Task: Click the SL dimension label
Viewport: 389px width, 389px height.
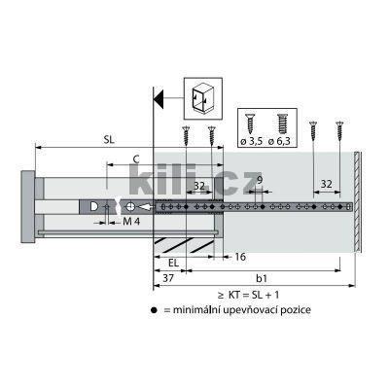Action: pyautogui.click(x=109, y=140)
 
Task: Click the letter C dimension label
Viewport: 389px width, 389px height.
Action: pyautogui.click(x=136, y=159)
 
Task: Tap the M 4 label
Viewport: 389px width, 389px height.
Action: pyautogui.click(x=131, y=222)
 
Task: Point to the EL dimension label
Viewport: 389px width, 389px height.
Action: pyautogui.click(x=174, y=263)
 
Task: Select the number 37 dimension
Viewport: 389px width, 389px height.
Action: pyautogui.click(x=168, y=278)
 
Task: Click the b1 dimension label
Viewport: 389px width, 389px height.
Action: pyautogui.click(x=262, y=278)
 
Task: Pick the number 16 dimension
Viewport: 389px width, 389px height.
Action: pyautogui.click(x=240, y=257)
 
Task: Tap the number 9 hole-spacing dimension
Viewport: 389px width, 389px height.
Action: pyautogui.click(x=260, y=180)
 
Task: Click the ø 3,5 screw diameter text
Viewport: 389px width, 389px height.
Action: pyautogui.click(x=251, y=142)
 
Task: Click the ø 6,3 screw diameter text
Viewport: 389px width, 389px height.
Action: pyautogui.click(x=279, y=142)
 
